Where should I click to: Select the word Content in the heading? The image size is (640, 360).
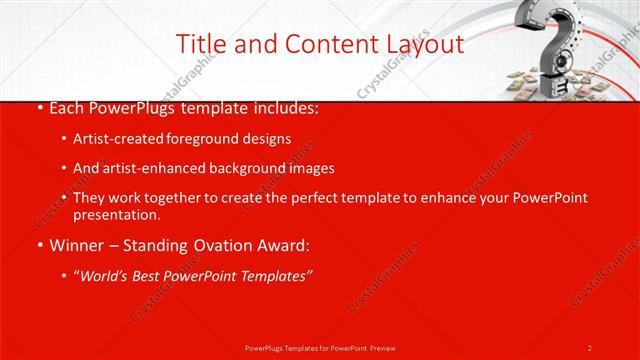coord(320,44)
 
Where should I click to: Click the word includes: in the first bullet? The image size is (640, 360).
coord(283,106)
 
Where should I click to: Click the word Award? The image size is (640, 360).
coord(285,244)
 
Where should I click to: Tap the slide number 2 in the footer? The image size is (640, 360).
coord(590,347)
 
